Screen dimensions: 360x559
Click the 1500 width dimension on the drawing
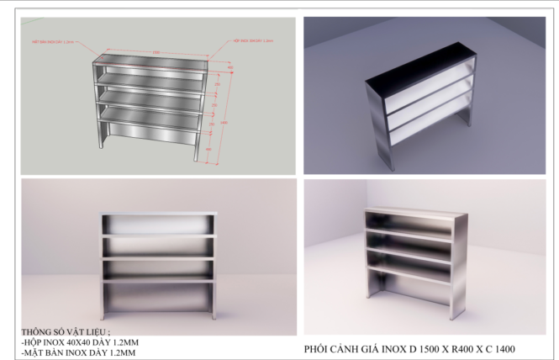pyautogui.click(x=156, y=52)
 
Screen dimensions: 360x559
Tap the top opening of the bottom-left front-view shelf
pyautogui.click(x=159, y=225)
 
